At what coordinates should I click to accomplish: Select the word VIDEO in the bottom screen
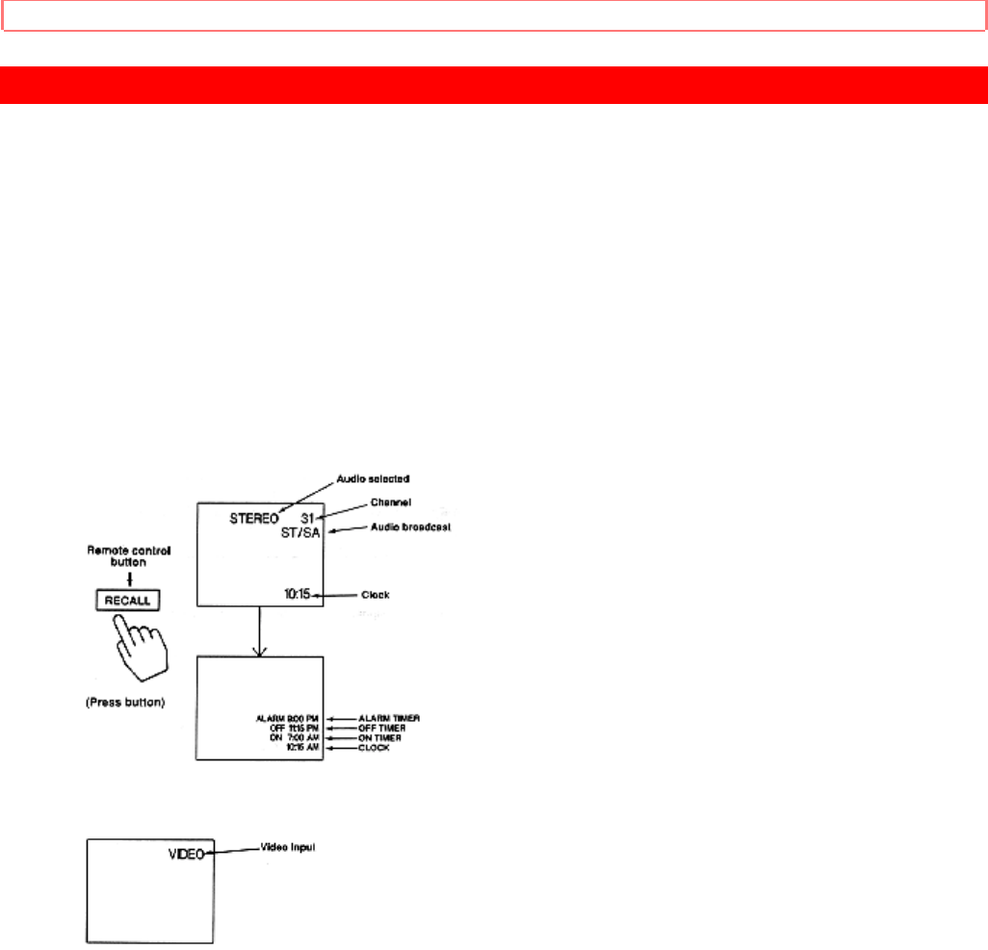[186, 852]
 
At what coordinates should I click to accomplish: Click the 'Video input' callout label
[289, 848]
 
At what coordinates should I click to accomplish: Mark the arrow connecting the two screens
[257, 631]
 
